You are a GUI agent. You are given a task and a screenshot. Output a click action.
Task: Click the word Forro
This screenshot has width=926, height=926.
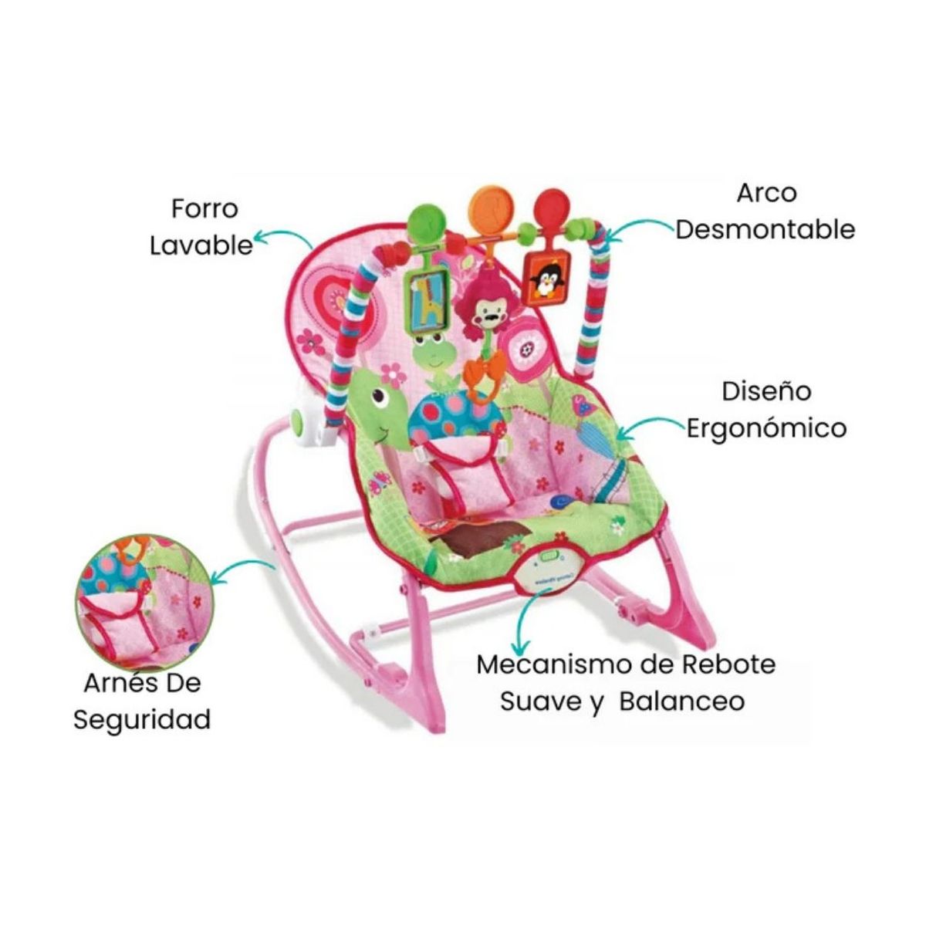pyautogui.click(x=204, y=209)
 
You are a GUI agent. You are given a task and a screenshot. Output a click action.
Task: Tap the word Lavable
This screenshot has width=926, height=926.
pyautogui.click(x=201, y=245)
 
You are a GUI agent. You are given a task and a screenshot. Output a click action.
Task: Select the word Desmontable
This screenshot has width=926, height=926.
pyautogui.click(x=765, y=230)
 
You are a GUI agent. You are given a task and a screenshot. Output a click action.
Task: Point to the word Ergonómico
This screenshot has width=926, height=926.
pyautogui.click(x=766, y=429)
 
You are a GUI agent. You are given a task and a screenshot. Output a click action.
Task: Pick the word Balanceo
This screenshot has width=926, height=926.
pyautogui.click(x=682, y=701)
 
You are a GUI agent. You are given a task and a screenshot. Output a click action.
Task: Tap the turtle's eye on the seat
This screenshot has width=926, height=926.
pyautogui.click(x=382, y=397)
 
